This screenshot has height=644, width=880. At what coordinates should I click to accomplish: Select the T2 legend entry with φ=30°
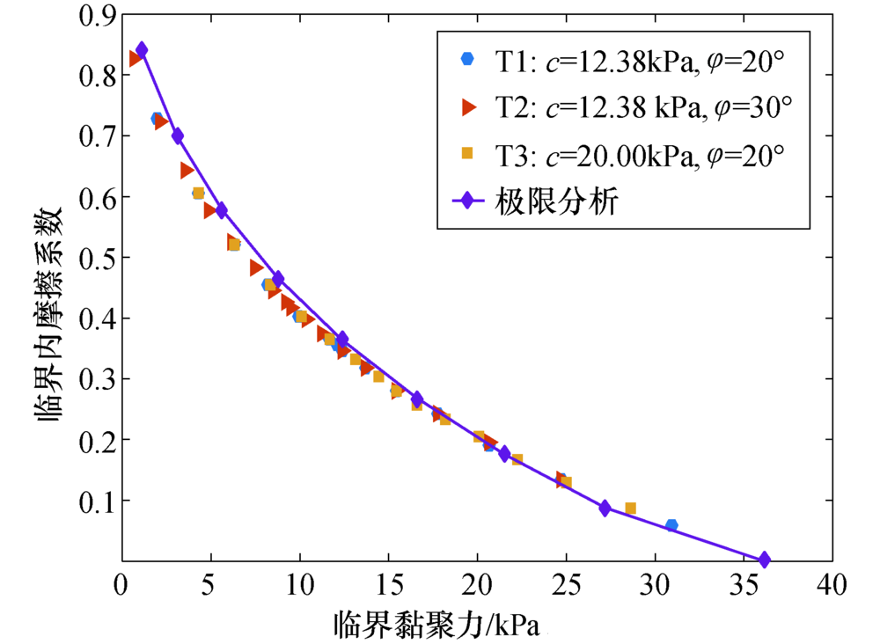pos(643,107)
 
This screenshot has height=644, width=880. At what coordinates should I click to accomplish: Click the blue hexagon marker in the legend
pos(467,59)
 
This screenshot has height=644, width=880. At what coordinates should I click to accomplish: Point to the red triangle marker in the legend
pos(468,106)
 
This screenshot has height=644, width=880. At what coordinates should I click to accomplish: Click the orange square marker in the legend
pos(467,154)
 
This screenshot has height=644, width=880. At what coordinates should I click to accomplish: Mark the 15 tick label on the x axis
pos(388,584)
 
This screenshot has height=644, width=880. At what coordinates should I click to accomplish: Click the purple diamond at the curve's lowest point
pos(764,560)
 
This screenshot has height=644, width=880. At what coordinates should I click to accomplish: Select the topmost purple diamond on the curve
pos(142,50)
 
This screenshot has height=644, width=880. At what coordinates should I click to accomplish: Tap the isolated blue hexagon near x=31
pos(671,525)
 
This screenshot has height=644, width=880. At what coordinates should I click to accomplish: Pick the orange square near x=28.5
pos(630,509)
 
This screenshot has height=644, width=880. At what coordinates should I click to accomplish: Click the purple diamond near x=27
pos(605,508)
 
